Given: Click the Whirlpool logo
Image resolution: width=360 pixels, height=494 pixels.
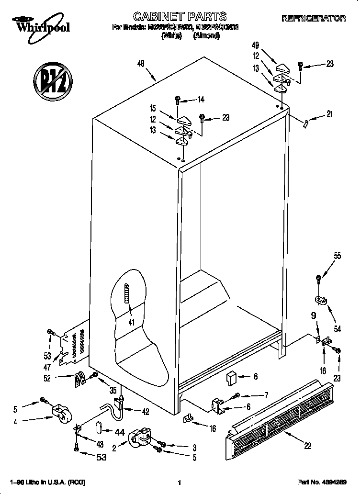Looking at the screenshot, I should [x=41, y=25].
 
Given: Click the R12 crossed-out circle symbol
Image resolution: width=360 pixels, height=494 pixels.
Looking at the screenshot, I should [x=52, y=79].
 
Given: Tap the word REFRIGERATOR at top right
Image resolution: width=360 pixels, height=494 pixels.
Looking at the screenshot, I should [x=314, y=18].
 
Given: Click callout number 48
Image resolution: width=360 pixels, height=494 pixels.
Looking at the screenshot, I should [x=140, y=63].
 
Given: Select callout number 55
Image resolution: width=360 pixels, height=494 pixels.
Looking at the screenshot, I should [x=337, y=256].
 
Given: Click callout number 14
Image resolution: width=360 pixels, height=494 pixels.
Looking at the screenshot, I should [x=201, y=100].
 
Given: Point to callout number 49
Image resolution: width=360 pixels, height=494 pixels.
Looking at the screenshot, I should [x=255, y=45].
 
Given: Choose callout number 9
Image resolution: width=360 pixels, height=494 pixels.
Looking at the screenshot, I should [x=313, y=315].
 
